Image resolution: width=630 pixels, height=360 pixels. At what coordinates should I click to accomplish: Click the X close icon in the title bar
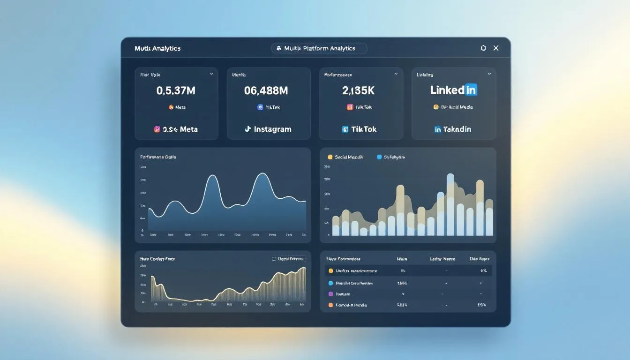496,48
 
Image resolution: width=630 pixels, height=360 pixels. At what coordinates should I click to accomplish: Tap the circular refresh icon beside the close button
483,48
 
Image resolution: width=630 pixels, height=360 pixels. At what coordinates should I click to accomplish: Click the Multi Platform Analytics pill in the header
319,48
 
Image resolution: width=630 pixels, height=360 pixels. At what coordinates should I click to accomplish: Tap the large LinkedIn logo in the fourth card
453,90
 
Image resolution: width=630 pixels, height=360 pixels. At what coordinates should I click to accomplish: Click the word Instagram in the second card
272,129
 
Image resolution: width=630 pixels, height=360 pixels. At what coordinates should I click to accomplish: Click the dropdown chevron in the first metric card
211,74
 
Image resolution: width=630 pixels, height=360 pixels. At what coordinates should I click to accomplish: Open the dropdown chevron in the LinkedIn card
489,74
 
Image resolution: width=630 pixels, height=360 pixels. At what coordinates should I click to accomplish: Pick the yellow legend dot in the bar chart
330,157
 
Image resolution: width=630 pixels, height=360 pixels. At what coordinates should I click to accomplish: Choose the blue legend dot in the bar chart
379,157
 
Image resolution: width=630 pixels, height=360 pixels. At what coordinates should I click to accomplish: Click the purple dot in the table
330,294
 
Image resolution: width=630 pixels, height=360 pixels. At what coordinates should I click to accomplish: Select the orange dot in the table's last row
330,305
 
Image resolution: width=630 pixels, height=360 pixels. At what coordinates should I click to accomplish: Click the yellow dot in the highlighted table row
330,271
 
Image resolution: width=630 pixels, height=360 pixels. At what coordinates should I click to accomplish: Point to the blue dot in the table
330,283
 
